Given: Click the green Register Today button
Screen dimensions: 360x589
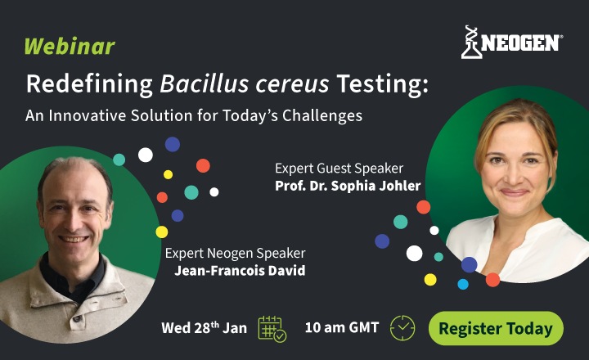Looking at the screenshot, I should (496, 328).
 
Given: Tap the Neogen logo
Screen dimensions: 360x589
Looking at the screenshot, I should (511, 42).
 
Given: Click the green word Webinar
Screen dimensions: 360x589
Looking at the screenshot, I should (69, 46).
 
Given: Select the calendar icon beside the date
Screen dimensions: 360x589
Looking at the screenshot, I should (272, 328).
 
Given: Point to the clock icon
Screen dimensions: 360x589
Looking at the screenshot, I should (402, 327).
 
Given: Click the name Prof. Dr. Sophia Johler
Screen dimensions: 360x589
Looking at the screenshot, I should (348, 186).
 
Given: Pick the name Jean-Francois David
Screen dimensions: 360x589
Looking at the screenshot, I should (240, 271).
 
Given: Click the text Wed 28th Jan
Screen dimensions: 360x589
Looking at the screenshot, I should (204, 328).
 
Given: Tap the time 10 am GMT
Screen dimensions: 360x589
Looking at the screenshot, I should (341, 328).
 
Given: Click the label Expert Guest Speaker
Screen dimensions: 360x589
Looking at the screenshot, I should (339, 168).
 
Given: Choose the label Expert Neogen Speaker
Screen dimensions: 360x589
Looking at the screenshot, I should (235, 254).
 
